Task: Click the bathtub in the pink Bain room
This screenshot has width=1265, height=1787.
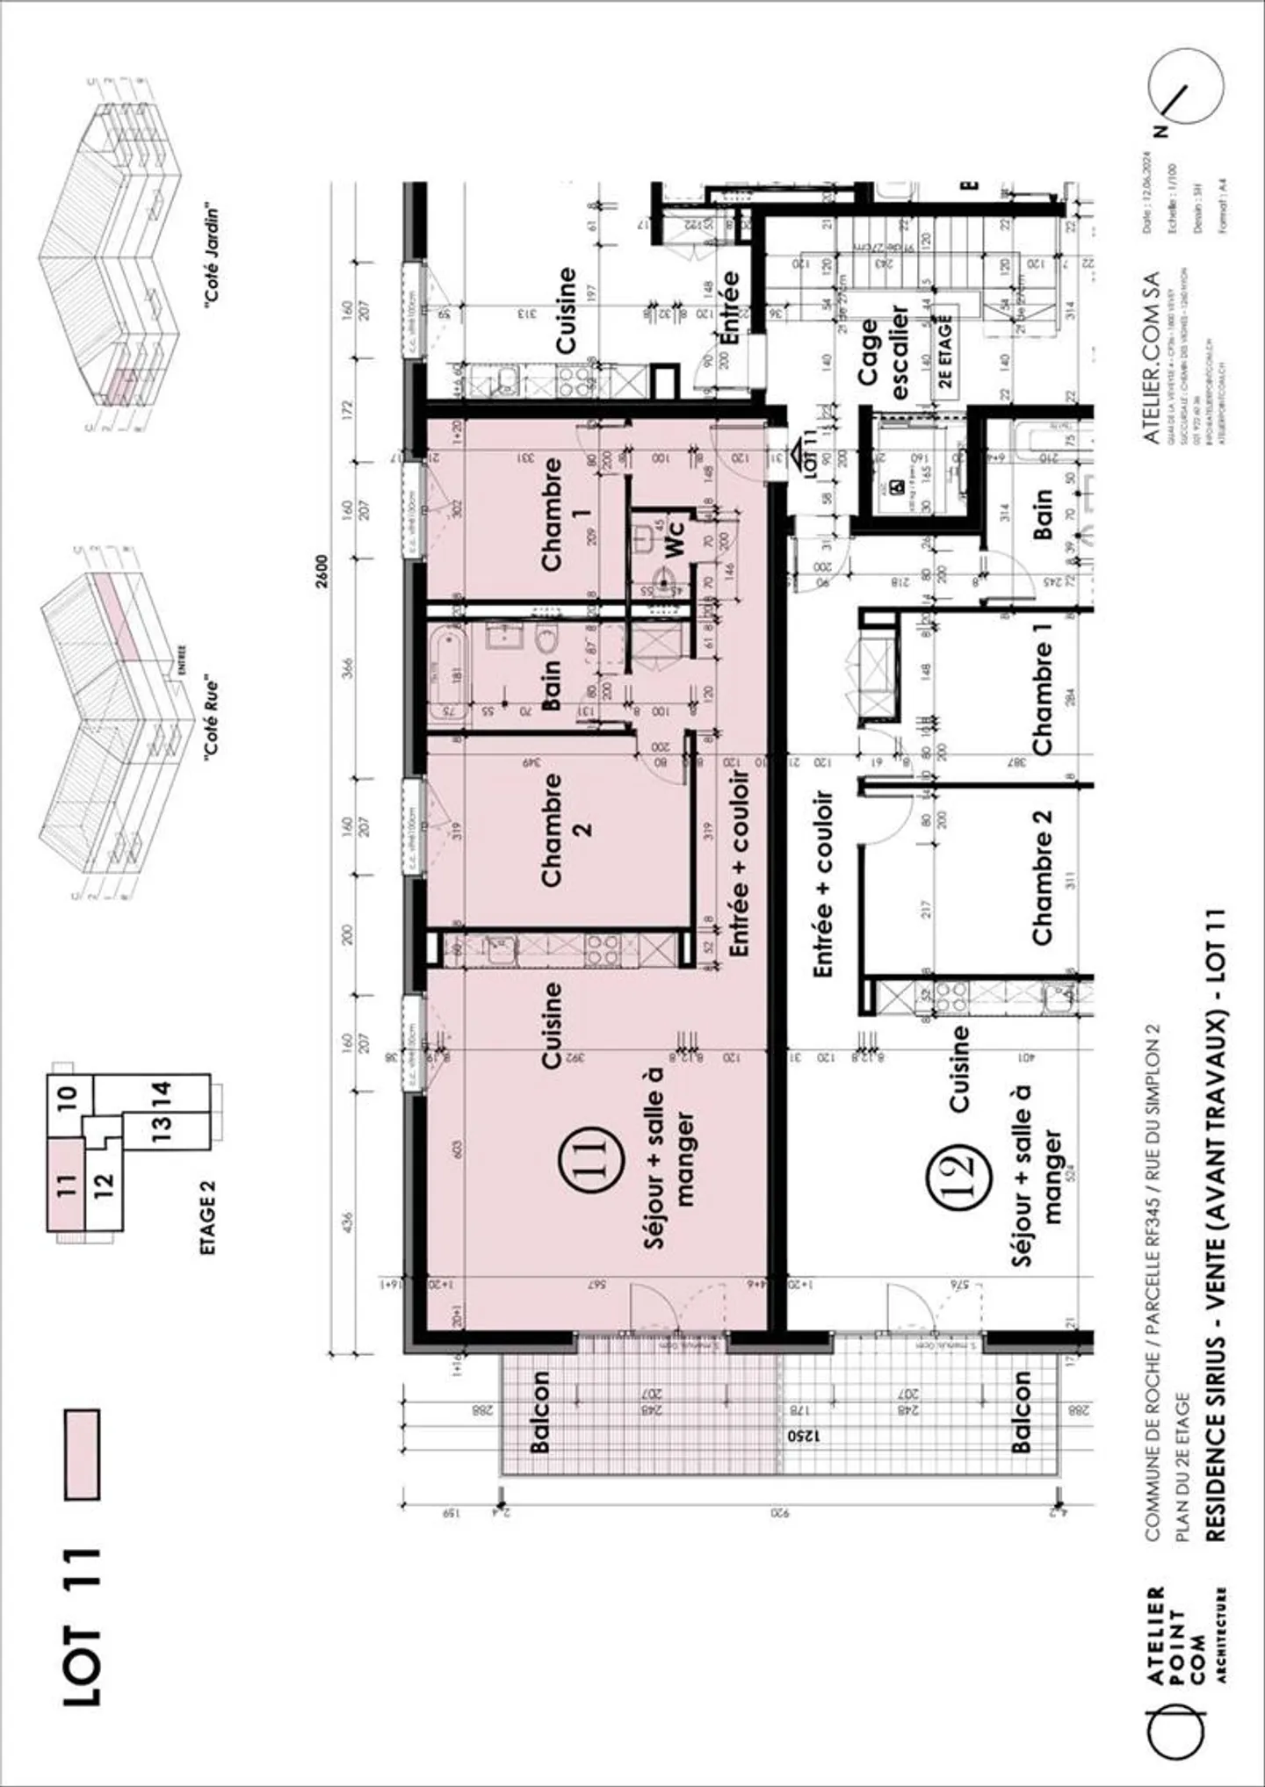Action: pyautogui.click(x=449, y=674)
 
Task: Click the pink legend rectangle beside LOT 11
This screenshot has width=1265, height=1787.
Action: pyautogui.click(x=83, y=1453)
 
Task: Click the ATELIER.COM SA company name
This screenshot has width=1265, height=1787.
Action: pyautogui.click(x=1151, y=357)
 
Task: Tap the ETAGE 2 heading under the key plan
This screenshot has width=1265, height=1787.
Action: pyautogui.click(x=207, y=1215)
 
